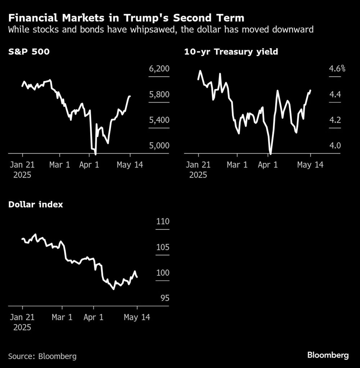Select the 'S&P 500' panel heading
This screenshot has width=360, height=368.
(x=29, y=52)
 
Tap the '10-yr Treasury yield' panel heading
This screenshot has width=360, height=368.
(x=231, y=52)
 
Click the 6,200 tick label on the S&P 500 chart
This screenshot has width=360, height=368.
(x=159, y=69)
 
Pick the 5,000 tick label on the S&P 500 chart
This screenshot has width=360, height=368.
(x=159, y=145)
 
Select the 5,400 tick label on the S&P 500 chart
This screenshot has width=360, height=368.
(x=159, y=120)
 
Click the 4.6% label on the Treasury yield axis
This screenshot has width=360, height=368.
(x=337, y=69)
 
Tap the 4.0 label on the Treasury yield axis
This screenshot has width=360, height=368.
(x=335, y=145)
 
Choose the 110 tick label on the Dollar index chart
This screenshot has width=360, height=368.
(x=163, y=222)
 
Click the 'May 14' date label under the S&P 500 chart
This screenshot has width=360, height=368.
(x=130, y=165)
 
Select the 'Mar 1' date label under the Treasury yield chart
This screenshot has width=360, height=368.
(x=237, y=165)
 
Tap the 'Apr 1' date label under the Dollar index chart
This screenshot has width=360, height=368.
(x=94, y=318)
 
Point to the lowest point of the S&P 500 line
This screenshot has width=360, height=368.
(x=95, y=154)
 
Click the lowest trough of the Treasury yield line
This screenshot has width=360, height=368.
(x=270, y=154)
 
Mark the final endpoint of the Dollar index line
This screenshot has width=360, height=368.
(x=137, y=277)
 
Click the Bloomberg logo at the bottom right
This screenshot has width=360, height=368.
(x=328, y=355)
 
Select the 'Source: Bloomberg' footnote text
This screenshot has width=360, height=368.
(x=42, y=356)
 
